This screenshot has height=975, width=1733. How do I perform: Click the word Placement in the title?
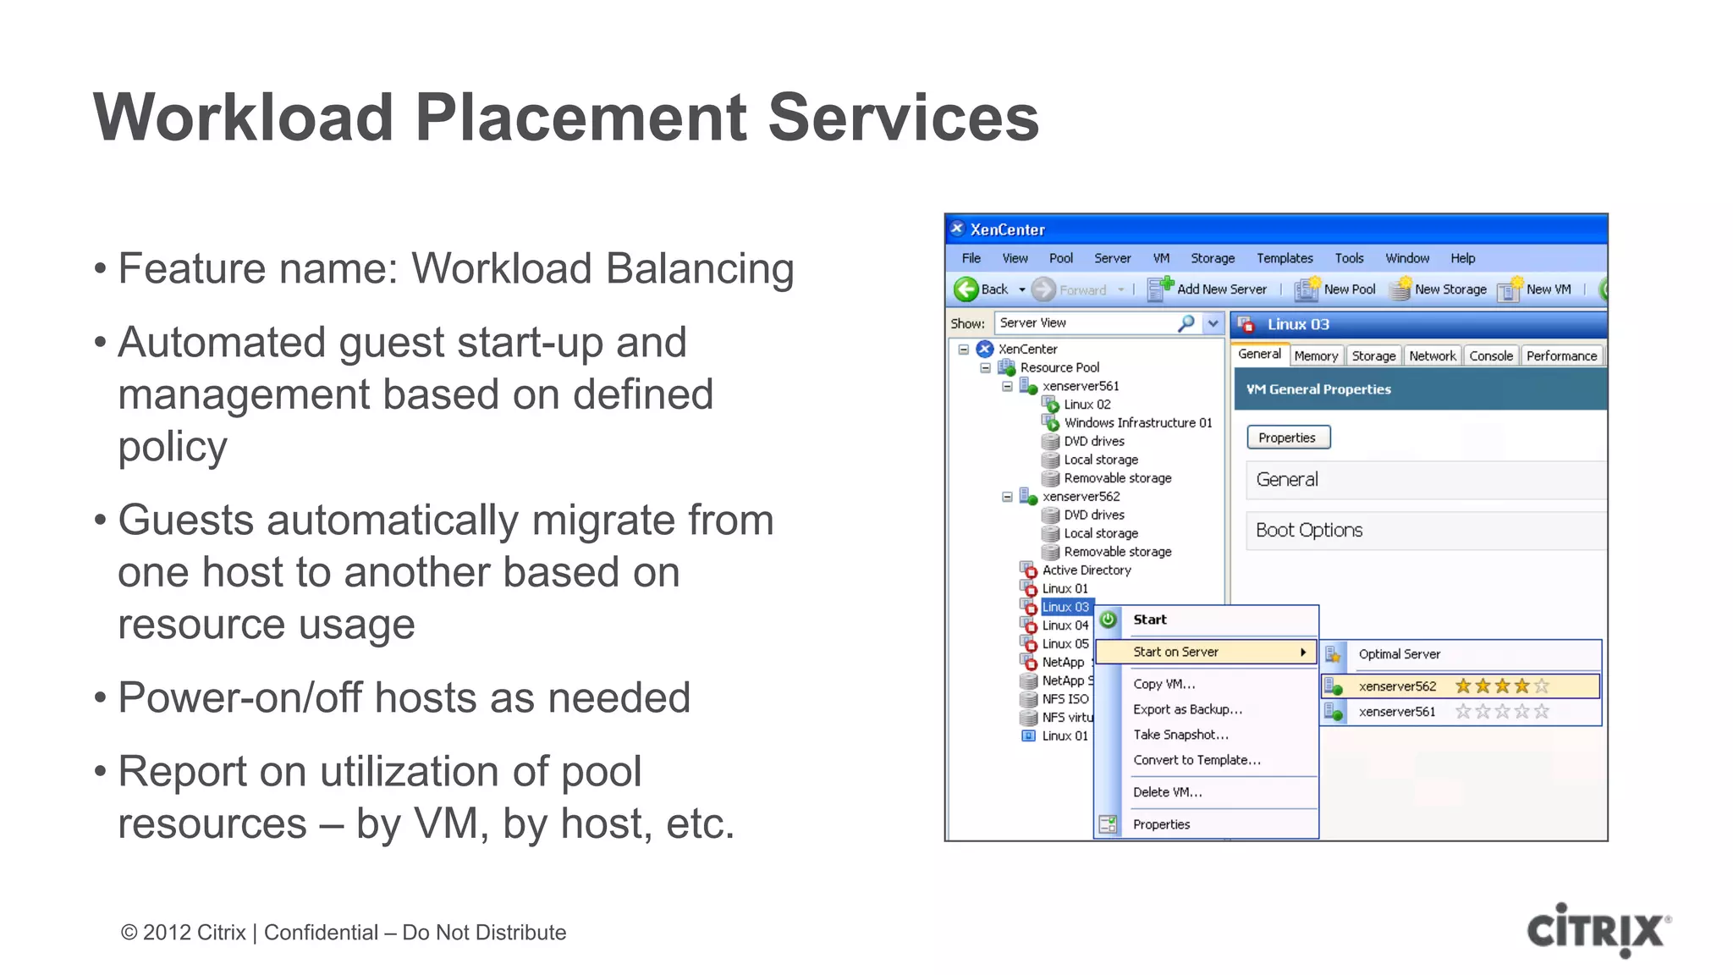pyautogui.click(x=580, y=118)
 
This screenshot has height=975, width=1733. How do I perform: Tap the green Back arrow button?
pyautogui.click(x=966, y=289)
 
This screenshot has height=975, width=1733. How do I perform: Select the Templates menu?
pyautogui.click(x=1284, y=258)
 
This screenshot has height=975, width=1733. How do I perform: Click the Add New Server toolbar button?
pyautogui.click(x=1208, y=289)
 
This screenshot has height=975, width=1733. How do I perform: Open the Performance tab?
pyautogui.click(x=1561, y=356)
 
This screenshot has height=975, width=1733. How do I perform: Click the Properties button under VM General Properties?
pyautogui.click(x=1287, y=438)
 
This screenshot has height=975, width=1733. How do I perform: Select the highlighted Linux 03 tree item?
pyautogui.click(x=1065, y=607)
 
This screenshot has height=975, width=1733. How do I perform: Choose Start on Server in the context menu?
pyautogui.click(x=1175, y=652)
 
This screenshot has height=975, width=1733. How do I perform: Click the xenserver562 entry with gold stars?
pyautogui.click(x=1397, y=686)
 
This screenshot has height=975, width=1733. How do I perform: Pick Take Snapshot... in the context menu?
pyautogui.click(x=1180, y=735)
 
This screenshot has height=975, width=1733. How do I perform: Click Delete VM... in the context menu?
pyautogui.click(x=1167, y=792)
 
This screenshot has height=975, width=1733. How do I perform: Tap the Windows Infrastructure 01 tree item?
pyautogui.click(x=1137, y=422)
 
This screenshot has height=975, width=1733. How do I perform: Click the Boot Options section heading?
pyautogui.click(x=1309, y=531)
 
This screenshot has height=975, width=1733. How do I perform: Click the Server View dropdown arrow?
pyautogui.click(x=1213, y=323)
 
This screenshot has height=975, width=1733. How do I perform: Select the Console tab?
pyautogui.click(x=1490, y=356)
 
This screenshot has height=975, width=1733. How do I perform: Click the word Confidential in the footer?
pyautogui.click(x=321, y=933)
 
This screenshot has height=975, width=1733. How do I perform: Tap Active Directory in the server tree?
pyautogui.click(x=1086, y=570)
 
